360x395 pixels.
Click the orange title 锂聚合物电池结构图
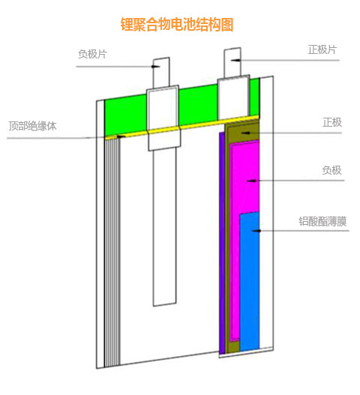177,25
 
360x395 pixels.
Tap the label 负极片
92,54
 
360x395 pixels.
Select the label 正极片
322,49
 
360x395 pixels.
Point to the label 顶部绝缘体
32,126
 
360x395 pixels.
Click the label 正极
332,122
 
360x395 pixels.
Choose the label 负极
331,170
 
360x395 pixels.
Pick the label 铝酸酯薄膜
322,221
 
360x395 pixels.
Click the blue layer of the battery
250,281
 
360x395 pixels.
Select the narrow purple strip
222,243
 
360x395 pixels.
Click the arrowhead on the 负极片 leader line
155,67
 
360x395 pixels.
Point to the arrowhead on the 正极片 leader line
235,60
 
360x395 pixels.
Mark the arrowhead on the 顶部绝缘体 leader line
121,136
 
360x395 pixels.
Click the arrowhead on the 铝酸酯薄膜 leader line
256,231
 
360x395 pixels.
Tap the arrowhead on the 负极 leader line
251,181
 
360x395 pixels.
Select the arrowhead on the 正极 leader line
246,133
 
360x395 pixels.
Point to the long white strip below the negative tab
164,226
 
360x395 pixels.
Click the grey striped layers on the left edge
112,252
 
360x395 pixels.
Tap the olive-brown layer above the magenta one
242,132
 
